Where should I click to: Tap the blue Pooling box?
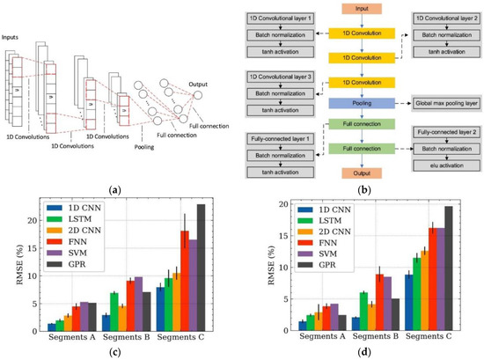[x=362, y=103]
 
